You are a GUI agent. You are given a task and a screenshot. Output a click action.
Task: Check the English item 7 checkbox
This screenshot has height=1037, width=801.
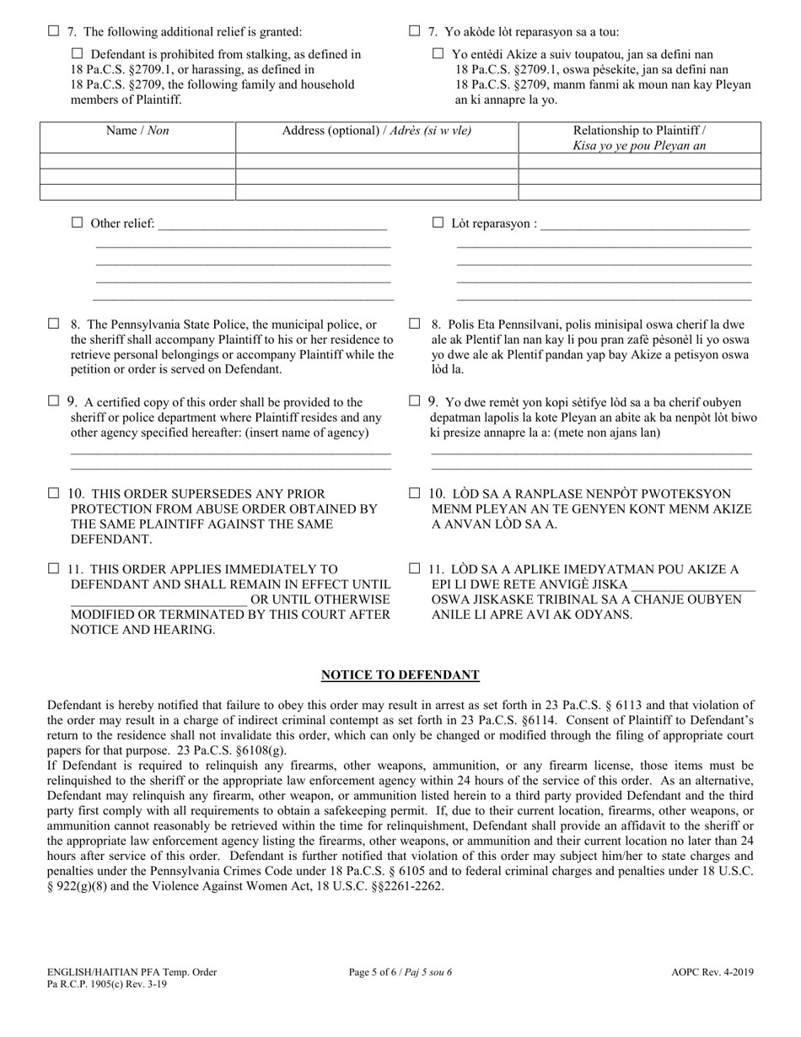tap(54, 31)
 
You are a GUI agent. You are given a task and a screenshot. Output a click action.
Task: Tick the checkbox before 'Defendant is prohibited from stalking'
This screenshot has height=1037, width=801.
tap(78, 54)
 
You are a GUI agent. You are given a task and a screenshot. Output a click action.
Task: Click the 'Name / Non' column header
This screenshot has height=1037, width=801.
tap(137, 131)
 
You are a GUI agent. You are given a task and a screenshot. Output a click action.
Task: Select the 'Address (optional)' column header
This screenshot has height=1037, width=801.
tap(376, 131)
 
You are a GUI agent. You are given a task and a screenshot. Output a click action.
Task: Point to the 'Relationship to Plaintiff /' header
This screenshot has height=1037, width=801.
tap(639, 131)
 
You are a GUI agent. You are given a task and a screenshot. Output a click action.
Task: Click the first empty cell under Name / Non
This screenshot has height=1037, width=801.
tap(137, 161)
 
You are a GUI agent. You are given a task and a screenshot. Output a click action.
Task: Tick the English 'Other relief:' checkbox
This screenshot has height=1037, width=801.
tap(78, 223)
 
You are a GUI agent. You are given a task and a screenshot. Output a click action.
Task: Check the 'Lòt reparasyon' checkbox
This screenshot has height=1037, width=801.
tap(438, 223)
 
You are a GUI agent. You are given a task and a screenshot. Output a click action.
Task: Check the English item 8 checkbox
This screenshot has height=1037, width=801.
tap(54, 323)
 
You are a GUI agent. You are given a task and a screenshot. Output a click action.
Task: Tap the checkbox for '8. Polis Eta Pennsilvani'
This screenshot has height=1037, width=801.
tap(414, 323)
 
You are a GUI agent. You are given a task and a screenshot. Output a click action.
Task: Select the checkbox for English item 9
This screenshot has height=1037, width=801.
tap(54, 401)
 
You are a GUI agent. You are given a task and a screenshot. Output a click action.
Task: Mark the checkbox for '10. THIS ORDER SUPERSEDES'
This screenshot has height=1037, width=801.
tap(54, 492)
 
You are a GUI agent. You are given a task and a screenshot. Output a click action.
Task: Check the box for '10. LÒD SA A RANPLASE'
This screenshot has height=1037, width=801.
tap(414, 492)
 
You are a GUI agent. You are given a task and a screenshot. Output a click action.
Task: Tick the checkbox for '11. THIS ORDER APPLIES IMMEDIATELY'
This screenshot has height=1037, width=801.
tap(54, 569)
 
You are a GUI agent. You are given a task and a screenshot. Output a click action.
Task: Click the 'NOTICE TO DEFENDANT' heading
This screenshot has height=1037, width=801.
tap(400, 674)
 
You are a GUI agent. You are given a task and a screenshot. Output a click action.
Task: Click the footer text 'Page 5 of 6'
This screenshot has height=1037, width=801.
tap(400, 972)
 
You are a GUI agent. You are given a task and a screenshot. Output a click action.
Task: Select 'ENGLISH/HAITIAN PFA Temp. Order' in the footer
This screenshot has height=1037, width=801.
tap(132, 972)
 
